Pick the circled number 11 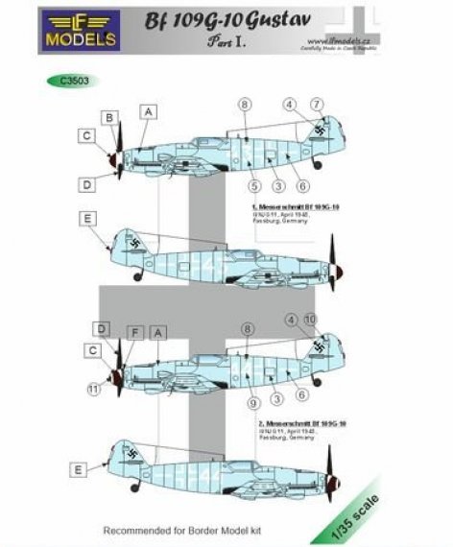tap(92, 389)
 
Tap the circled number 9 tap(252, 390)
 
